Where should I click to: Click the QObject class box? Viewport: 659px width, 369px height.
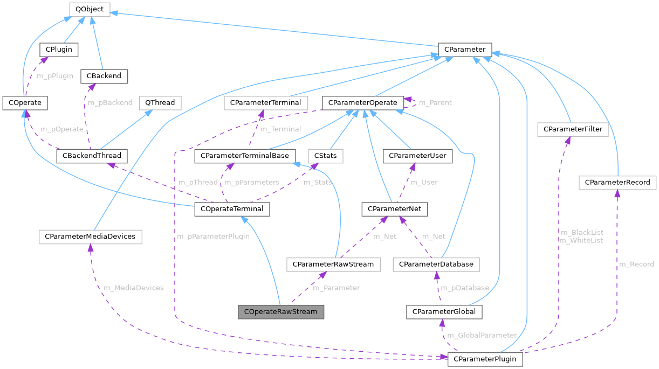pos(90,9)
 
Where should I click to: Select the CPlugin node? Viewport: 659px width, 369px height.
pos(59,50)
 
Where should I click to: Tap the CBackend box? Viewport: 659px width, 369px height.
pos(104,76)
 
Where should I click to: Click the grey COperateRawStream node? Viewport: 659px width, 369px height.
pos(281,311)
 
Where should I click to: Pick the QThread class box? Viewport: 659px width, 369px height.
pos(160,102)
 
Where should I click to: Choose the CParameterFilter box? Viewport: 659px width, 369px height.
pos(573,129)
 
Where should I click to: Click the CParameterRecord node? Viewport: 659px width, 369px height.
pos(617,183)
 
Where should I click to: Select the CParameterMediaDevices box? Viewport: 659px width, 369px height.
pos(90,236)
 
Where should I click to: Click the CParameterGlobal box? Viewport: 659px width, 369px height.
pos(444,311)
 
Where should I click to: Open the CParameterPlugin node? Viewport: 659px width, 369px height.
pos(485,359)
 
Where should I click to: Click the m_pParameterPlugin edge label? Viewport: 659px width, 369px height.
pos(213,236)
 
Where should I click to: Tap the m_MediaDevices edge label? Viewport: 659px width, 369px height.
pos(133,288)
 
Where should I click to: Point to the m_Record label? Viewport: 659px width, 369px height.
pos(636,264)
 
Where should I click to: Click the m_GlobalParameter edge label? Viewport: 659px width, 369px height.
pos(482,335)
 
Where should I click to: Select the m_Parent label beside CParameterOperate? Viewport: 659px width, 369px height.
pos(435,102)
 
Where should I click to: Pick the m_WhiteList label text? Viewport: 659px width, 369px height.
pos(581,240)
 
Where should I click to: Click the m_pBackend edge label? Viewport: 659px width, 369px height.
pos(110,102)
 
